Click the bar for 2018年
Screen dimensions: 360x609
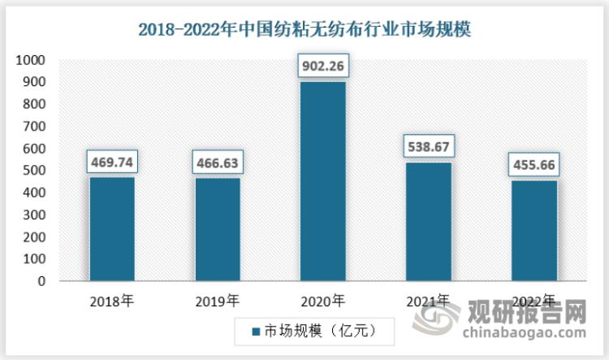pos(112,229)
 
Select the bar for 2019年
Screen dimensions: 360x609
pos(217,230)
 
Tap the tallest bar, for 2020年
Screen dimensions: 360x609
pos(322,181)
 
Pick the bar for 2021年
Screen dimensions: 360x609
pos(428,222)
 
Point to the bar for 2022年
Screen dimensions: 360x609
pos(533,231)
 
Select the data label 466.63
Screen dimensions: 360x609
pos(217,163)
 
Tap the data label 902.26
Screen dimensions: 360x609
pos(322,66)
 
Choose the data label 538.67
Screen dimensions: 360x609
pos(428,146)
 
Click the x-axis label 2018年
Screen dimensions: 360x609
pos(112,301)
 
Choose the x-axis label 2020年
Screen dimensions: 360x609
pos(322,301)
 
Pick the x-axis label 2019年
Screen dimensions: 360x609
pos(217,301)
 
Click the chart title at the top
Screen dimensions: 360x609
pos(304,30)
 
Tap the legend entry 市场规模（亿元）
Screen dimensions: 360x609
pos(313,331)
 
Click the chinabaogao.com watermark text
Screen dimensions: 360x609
pos(524,332)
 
